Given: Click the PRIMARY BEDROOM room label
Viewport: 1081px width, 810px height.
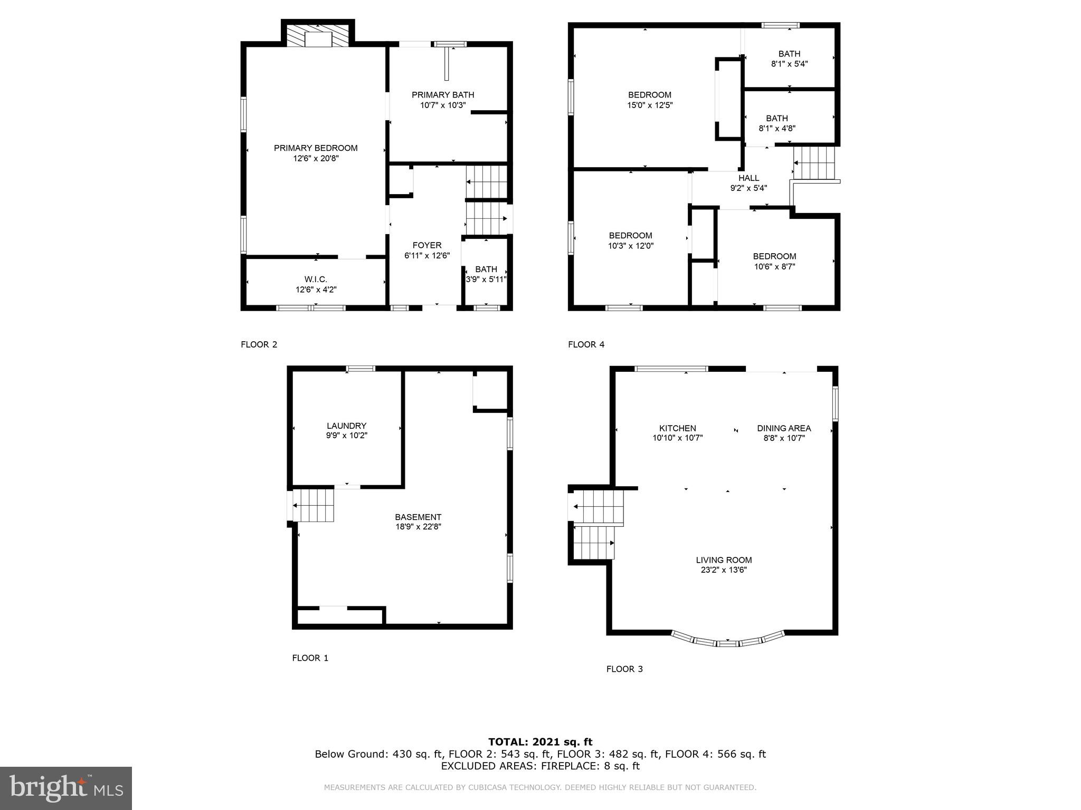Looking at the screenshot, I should pyautogui.click(x=316, y=148).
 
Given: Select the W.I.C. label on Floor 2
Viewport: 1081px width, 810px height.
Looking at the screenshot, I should pyautogui.click(x=316, y=279).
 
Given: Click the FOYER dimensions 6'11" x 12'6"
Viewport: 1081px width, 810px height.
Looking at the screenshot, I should pyautogui.click(x=426, y=256).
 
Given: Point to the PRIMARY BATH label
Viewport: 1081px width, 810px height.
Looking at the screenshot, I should pyautogui.click(x=443, y=95).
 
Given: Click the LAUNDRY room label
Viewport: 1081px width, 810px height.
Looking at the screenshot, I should pyautogui.click(x=346, y=426).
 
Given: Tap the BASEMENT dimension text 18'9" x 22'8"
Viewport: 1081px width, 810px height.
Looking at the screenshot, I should pyautogui.click(x=418, y=527).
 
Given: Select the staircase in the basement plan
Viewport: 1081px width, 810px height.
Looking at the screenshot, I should pyautogui.click(x=314, y=505).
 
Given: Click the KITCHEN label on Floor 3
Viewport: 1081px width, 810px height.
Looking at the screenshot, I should pyautogui.click(x=677, y=428).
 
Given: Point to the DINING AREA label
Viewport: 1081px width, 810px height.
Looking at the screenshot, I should pyautogui.click(x=784, y=428).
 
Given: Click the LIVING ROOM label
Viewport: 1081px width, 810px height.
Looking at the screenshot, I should pyautogui.click(x=724, y=560).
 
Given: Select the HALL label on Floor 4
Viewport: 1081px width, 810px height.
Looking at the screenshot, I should pyautogui.click(x=748, y=178).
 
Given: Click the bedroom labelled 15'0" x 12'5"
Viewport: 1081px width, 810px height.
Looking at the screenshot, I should pyautogui.click(x=649, y=100).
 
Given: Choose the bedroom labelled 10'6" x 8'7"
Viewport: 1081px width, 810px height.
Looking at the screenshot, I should pyautogui.click(x=774, y=262).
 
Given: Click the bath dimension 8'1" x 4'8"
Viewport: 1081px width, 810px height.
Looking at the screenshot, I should pyautogui.click(x=776, y=128).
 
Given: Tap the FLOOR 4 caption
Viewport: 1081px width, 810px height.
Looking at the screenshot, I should pyautogui.click(x=586, y=345).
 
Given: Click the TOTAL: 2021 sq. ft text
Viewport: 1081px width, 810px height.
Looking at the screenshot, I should pyautogui.click(x=540, y=742).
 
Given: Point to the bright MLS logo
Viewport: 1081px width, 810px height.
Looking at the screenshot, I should pyautogui.click(x=66, y=788).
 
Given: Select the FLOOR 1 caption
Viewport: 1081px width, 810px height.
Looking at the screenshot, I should pyautogui.click(x=310, y=658).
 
